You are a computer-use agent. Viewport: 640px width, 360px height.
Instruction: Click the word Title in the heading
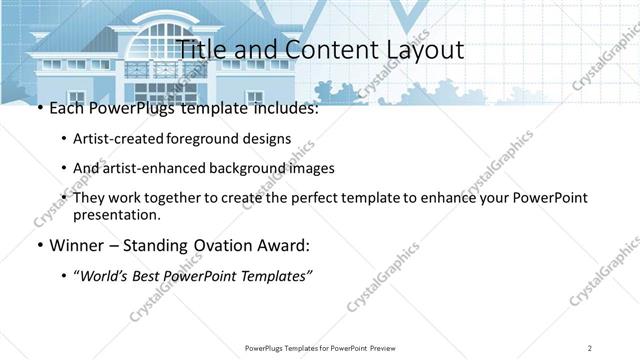(200, 50)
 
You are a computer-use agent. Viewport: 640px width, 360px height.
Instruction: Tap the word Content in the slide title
(318, 50)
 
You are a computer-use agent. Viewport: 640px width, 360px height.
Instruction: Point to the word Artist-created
(119, 139)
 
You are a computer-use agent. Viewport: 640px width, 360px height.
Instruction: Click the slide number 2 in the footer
(590, 348)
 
